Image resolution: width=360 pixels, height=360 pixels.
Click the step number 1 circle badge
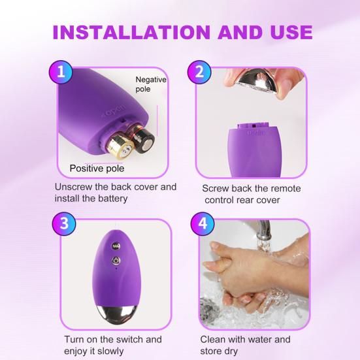point(61,73)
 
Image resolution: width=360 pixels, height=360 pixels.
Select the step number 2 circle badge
point(200,73)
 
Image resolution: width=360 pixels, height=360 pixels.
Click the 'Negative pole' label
point(152,84)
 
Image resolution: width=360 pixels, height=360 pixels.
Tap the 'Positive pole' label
point(97,168)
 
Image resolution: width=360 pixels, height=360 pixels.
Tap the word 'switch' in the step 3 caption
point(129,340)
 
